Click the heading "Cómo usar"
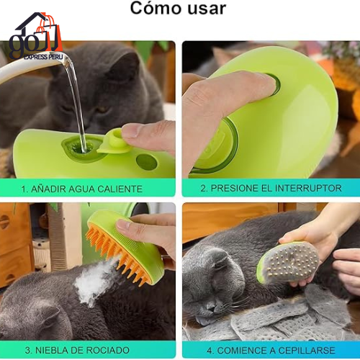coord(177,9)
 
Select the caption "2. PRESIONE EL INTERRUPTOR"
coord(271,189)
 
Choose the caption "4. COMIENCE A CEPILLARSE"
coord(271,350)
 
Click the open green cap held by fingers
coord(112,140)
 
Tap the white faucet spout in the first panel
coord(29,65)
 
